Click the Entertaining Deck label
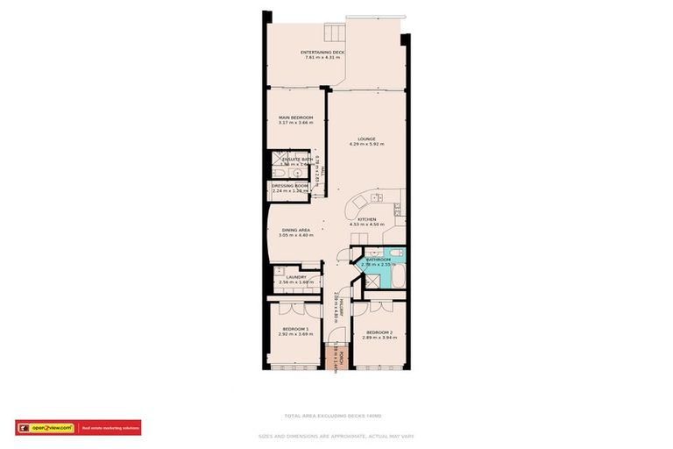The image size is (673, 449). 322,53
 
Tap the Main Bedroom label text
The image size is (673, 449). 295,117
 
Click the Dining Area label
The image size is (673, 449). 294,230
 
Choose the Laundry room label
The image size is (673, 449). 295,277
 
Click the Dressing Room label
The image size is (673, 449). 289,186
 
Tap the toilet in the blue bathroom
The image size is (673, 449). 395,254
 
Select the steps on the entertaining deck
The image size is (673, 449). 334,34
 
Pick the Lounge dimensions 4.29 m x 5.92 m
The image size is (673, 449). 366,144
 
